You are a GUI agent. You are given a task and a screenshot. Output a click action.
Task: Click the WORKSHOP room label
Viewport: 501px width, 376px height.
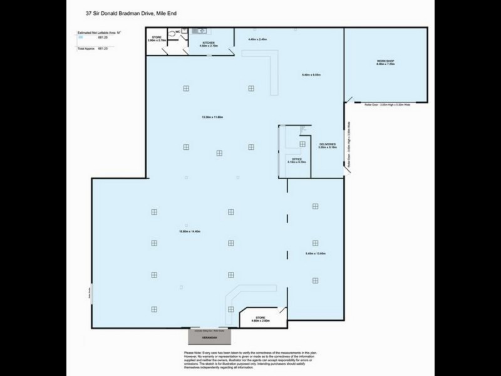click(x=385, y=62)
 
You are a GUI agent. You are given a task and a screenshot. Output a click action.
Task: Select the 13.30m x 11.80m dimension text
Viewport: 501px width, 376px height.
click(x=212, y=117)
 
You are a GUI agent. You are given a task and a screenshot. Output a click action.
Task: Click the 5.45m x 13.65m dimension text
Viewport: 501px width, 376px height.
click(x=314, y=254)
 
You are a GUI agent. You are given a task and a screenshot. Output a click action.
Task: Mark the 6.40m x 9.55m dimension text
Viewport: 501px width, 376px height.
click(x=311, y=75)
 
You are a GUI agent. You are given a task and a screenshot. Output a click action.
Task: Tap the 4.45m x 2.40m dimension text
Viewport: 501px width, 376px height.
click(x=257, y=39)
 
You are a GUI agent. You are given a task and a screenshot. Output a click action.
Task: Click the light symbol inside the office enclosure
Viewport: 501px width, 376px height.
click(x=302, y=144)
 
